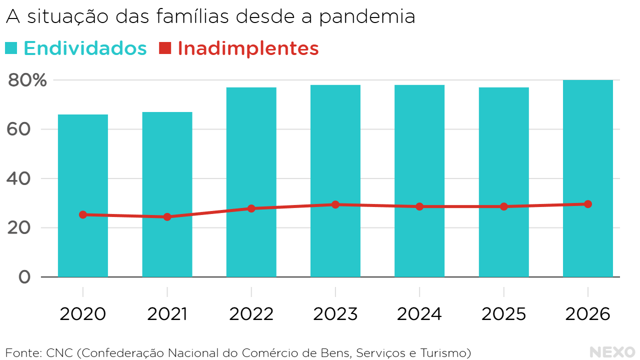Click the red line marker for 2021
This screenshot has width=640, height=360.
coord(167,217)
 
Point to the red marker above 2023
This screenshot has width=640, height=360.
coord(335,204)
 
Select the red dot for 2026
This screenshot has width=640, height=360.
coord(588,204)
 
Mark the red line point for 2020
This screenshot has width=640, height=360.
coord(83,214)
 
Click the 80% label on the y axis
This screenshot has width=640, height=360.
coord(27,80)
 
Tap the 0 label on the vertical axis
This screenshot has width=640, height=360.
coord(24,277)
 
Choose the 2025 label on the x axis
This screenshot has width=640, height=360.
coord(503,314)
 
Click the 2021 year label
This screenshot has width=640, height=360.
coord(167,314)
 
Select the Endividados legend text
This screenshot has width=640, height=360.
coord(85,48)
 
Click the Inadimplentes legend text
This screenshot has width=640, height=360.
coord(248,48)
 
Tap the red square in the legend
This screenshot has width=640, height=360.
coord(165,48)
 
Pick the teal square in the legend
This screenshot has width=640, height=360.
coord(11,48)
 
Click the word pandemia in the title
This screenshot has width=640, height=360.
coord(367,16)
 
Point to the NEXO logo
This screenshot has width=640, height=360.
coord(612,352)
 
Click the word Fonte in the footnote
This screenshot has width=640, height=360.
coord(21,353)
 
